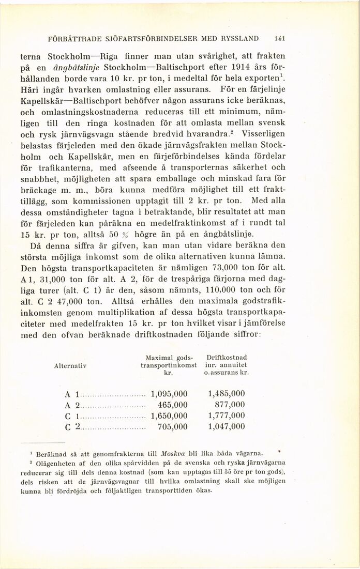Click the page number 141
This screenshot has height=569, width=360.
pos(282,38)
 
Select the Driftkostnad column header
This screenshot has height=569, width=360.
pos(226,357)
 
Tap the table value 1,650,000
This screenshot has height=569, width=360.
pos(169,415)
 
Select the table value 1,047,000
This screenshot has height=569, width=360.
pos(226,426)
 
